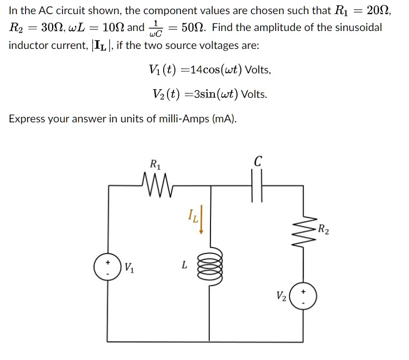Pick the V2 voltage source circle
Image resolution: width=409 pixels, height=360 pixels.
(x=302, y=296)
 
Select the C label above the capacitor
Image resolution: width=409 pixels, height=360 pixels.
(x=258, y=162)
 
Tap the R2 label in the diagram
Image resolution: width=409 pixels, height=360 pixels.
(x=323, y=228)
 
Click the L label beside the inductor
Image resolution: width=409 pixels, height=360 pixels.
(x=184, y=265)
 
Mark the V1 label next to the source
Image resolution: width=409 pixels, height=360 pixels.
(x=129, y=267)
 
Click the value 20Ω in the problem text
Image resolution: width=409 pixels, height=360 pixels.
(x=380, y=10)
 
